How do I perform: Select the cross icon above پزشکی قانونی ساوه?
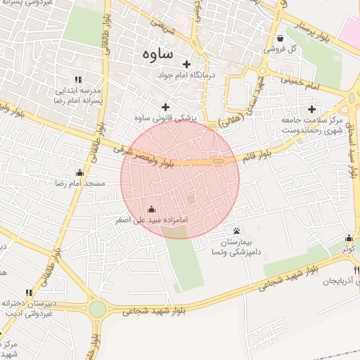pos(166,108)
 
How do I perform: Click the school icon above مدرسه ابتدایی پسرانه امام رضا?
pos(77,80)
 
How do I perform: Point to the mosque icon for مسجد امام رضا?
pos(79,173)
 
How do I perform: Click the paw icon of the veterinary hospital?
pos(237,231)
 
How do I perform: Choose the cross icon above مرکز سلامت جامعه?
pos(312,109)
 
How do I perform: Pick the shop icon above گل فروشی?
pos(281,39)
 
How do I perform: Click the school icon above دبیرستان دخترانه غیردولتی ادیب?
pos(29,292)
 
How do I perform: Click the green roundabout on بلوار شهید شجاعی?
pos(97,308)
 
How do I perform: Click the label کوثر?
pos(349,249)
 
